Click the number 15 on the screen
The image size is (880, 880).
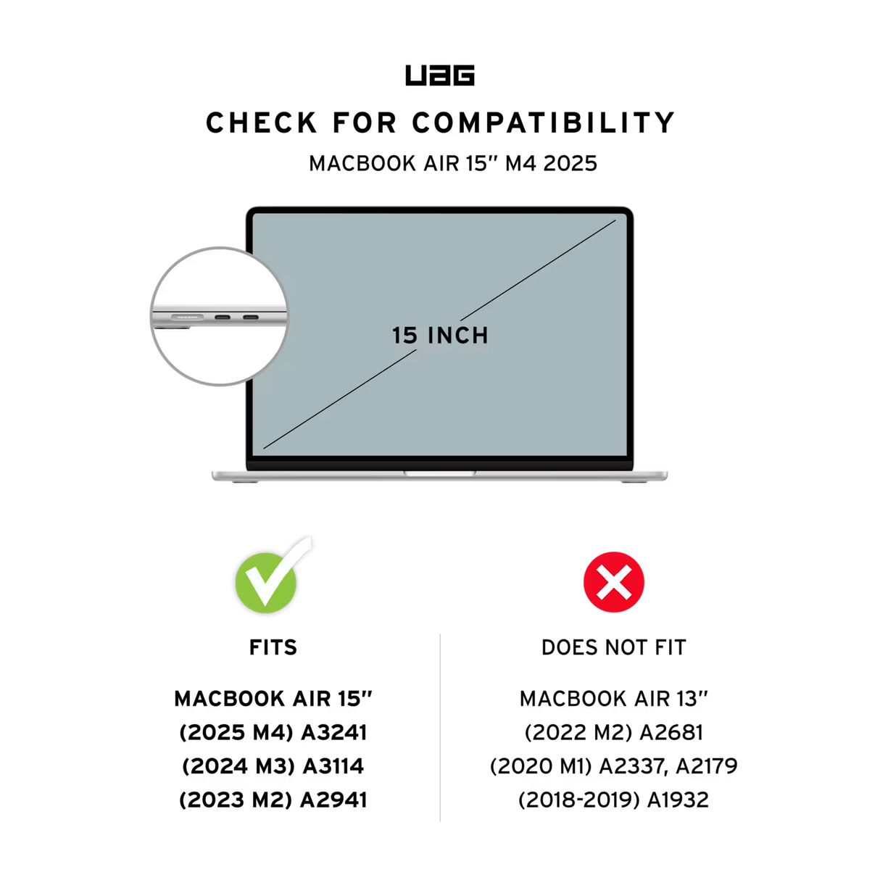404,336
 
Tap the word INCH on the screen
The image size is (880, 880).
458,336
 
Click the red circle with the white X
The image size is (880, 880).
614,582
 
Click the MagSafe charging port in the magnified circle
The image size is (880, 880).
184,317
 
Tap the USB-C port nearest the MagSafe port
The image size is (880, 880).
222,317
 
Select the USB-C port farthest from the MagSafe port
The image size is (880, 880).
251,317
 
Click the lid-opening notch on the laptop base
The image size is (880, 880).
440,473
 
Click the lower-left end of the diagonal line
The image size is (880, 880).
265,447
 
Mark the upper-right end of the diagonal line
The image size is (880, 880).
615,220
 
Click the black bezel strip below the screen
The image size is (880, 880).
439,463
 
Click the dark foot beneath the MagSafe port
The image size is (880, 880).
178,328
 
